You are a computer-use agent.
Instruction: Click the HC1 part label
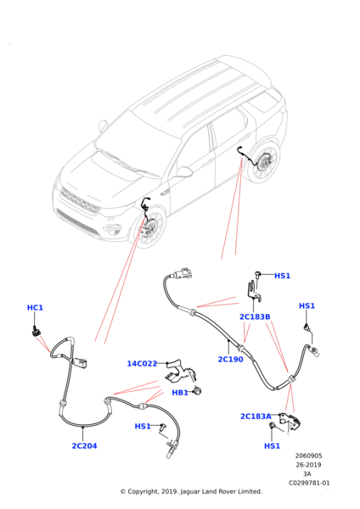click(35, 307)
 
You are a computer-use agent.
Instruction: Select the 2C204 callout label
click(84, 445)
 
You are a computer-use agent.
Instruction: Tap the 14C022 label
click(142, 364)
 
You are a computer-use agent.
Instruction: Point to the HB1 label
click(180, 393)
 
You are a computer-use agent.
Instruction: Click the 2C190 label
click(230, 360)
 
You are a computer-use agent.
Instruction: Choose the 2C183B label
click(255, 316)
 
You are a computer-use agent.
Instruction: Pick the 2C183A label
click(256, 417)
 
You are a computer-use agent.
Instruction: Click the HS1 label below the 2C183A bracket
click(272, 445)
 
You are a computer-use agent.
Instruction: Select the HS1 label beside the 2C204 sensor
click(143, 426)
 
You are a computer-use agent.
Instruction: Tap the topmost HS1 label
click(282, 276)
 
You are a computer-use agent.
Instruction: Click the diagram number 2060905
click(309, 456)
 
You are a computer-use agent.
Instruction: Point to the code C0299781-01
click(309, 483)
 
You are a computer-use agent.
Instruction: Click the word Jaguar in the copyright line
click(190, 491)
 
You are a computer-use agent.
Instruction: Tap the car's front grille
click(80, 202)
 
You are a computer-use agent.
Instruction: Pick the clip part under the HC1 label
click(37, 332)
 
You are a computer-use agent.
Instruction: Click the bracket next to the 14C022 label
click(180, 371)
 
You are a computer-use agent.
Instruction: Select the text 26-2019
click(308, 465)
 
